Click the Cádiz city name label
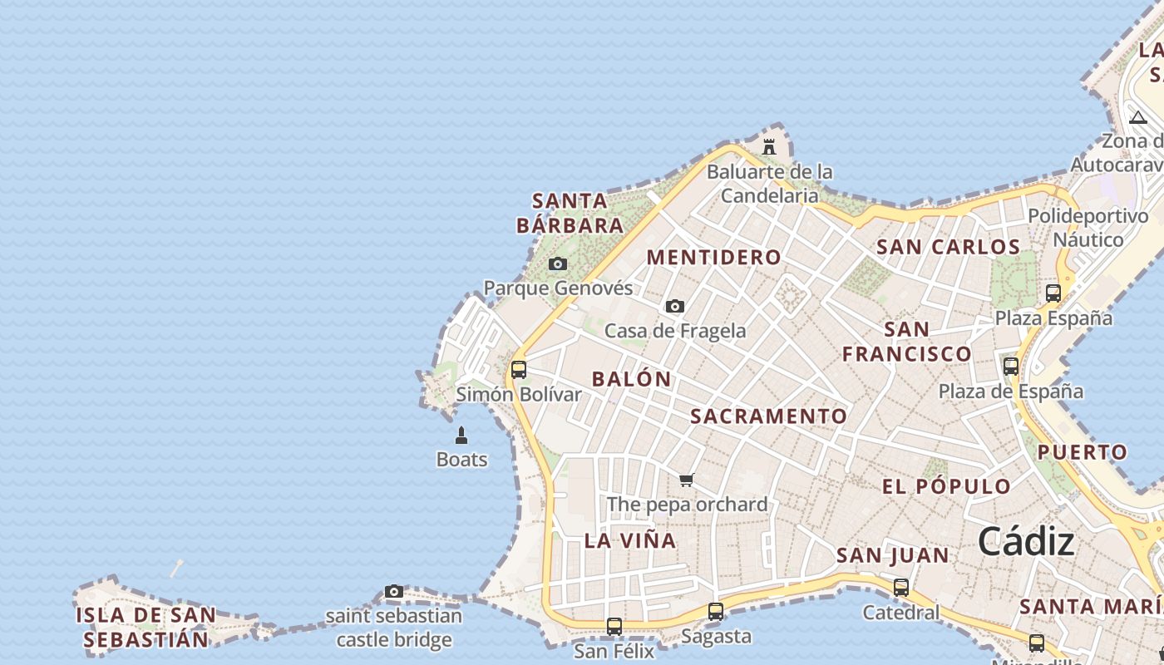1026,542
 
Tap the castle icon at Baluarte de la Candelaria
769,147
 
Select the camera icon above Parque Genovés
558,264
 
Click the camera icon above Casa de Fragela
675,306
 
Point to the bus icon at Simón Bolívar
519,370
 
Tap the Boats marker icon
461,435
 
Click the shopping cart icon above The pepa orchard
687,480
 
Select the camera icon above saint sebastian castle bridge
394,592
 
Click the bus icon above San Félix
614,627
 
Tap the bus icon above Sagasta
716,612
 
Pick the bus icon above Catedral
901,588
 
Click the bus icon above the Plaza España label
1053,293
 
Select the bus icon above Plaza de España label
1011,366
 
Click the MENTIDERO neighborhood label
714,258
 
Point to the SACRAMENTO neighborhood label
769,416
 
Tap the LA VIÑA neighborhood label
630,540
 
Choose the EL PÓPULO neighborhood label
946,487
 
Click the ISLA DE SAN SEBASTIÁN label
145,628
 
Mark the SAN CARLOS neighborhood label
948,247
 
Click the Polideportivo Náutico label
1088,228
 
